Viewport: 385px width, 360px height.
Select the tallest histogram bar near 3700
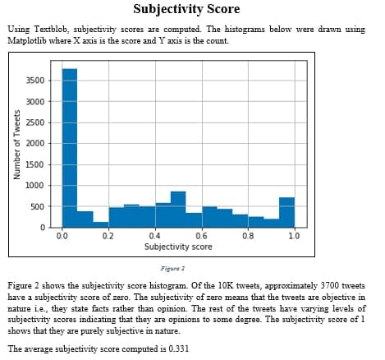[70, 148]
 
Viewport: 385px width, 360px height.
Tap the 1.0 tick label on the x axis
[294, 235]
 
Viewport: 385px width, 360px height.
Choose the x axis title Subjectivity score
[178, 246]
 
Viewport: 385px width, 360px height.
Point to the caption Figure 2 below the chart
[172, 268]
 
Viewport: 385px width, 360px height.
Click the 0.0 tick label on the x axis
[62, 235]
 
